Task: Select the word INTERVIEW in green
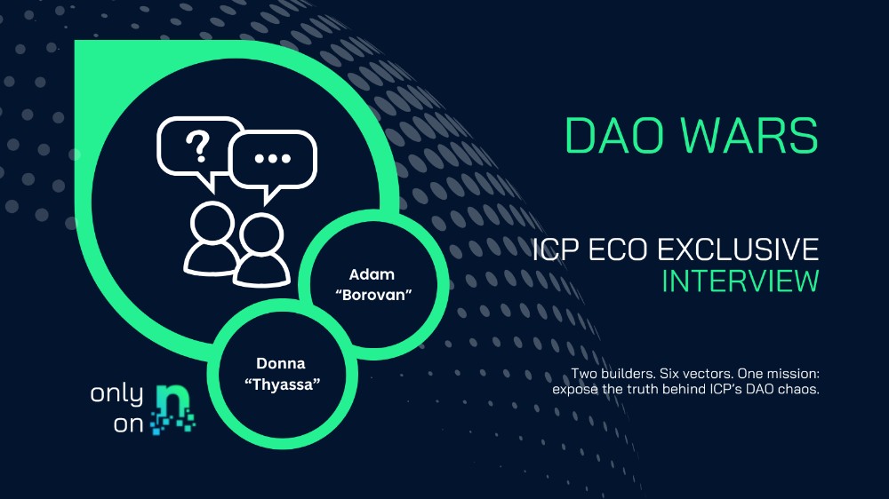[x=740, y=281]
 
